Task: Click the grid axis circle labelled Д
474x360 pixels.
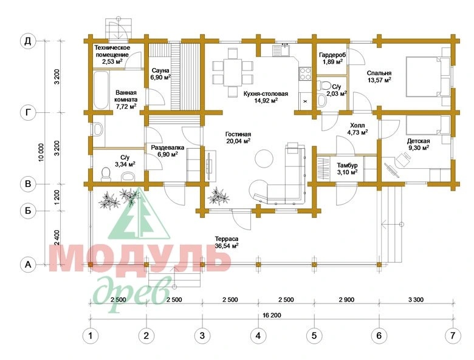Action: pos(28,41)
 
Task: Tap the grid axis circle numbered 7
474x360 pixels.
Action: pos(453,335)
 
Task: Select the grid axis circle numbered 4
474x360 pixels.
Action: pos(258,335)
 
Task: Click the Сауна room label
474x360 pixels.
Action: pos(160,70)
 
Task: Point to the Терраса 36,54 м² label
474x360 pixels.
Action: pos(227,242)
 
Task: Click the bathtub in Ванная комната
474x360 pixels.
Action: pos(101,90)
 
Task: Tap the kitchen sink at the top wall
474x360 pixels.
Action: pos(281,50)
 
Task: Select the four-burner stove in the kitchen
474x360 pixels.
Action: pos(305,73)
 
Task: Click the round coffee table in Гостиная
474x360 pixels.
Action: pos(264,158)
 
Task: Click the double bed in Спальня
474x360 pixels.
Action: pos(424,76)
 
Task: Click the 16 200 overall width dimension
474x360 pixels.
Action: pos(272,315)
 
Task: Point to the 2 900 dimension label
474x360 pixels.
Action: pos(346,300)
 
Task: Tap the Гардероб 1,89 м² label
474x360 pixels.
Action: pos(332,58)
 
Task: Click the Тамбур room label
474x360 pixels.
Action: pos(348,165)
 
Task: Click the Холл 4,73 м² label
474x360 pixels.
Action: pos(357,129)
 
